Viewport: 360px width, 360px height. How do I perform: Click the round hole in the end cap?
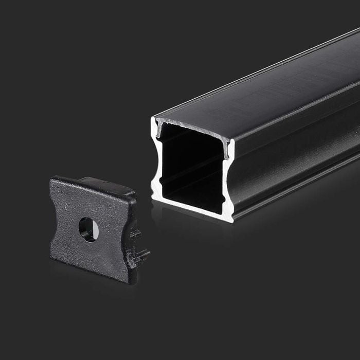point(87,229)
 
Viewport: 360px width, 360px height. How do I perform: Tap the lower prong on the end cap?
point(141,254)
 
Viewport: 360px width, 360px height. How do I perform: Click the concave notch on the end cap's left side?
point(54,216)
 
